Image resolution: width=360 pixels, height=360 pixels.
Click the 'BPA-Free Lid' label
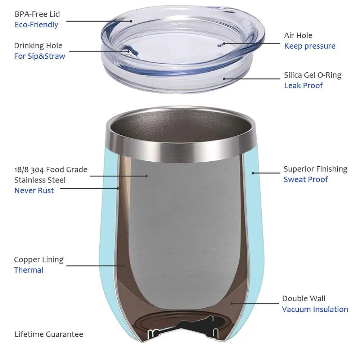coord(37,14)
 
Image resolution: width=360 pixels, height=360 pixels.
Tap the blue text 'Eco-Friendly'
coord(36,25)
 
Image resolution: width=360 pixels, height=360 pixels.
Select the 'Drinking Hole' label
coord(38,46)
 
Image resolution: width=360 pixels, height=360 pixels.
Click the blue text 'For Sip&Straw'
coord(40,56)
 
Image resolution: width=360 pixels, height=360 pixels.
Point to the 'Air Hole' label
coord(298,35)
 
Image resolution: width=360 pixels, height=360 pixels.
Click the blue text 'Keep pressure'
coord(310,46)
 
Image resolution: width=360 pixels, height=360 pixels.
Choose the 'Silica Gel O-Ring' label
coord(312,75)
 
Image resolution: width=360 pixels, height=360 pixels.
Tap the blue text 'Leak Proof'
coord(303,86)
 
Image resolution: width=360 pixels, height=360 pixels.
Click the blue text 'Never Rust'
coord(34,190)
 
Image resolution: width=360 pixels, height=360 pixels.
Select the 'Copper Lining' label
coord(39,260)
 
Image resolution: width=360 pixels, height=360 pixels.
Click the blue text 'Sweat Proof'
coord(306,179)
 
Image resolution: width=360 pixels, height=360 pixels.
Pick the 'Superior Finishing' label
coord(315,169)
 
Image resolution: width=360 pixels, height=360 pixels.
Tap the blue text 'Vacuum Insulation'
coord(315,309)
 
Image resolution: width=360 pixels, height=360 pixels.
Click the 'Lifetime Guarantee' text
coord(49,334)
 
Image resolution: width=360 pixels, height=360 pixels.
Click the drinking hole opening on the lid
coord(130,51)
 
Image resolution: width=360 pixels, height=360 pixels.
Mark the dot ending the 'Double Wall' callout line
coord(232,303)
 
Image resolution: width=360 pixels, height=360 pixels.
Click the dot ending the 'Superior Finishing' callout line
coord(253,173)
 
